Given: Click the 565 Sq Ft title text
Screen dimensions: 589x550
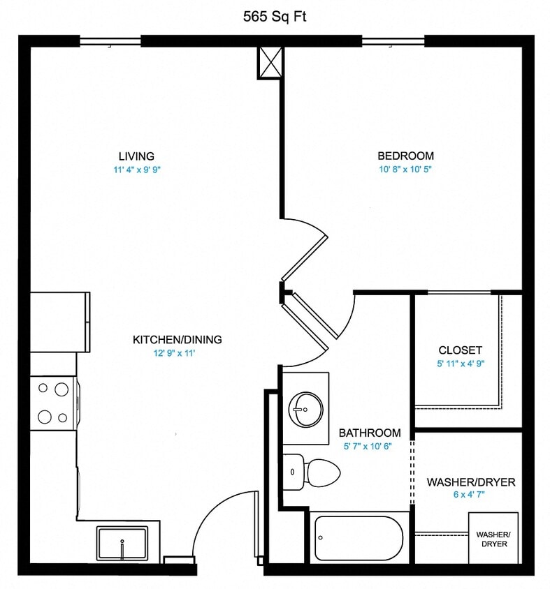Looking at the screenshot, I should (275, 17).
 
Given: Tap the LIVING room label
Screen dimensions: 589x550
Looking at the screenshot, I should (136, 156).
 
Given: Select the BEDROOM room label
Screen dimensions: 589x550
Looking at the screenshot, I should (405, 156).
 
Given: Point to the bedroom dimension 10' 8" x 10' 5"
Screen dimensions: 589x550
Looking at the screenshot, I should (405, 170).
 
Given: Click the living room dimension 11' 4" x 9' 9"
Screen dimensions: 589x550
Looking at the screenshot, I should (136, 170).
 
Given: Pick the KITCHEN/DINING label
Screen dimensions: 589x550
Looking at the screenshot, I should (177, 340).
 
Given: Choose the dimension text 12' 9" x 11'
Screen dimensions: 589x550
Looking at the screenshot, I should (177, 353).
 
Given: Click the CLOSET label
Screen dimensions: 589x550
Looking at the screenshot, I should (460, 350).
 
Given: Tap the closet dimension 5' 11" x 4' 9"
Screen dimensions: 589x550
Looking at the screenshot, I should (460, 363).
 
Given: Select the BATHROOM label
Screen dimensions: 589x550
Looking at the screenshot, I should (370, 433).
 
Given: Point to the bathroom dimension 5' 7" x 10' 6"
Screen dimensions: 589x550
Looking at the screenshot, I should (370, 446).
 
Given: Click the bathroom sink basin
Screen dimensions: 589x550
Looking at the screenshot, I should (305, 409).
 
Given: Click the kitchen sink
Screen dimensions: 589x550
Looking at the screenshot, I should (122, 543).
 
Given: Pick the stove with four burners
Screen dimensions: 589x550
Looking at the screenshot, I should (54, 403).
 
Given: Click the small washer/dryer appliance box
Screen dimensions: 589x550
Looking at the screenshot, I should (493, 538).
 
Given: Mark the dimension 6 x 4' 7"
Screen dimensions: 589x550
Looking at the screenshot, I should (470, 495).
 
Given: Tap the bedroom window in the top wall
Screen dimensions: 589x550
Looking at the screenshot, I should (393, 41).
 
